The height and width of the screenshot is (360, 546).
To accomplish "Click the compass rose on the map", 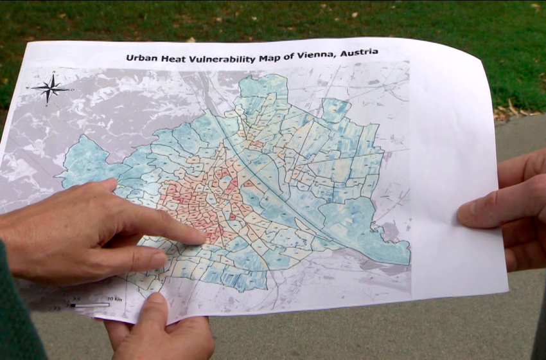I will (x=50, y=88).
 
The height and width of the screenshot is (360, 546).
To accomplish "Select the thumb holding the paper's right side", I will (x=479, y=212).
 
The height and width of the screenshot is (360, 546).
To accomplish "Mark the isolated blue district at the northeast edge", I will (x=335, y=109).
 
